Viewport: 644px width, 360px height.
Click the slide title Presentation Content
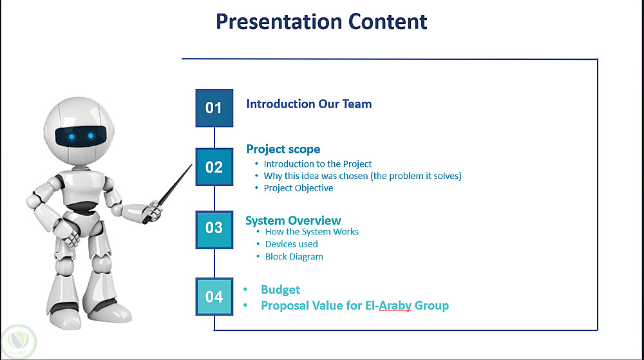click(x=321, y=22)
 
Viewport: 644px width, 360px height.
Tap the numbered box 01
click(x=214, y=108)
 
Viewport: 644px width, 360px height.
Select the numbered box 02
click(x=214, y=167)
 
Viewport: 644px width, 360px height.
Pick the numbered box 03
click(x=214, y=230)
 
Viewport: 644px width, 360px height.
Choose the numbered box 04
click(x=214, y=297)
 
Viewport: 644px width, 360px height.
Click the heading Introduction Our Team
click(x=309, y=104)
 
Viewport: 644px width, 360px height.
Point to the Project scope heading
click(x=283, y=149)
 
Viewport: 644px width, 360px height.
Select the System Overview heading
click(x=293, y=220)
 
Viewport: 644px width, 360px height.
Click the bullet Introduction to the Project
click(x=317, y=164)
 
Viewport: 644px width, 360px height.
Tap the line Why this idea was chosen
click(x=363, y=176)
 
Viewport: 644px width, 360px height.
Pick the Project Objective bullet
click(x=299, y=188)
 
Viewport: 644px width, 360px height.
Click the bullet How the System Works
click(x=312, y=232)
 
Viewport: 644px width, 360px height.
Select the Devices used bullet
click(x=292, y=244)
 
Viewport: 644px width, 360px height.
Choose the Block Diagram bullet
click(x=294, y=256)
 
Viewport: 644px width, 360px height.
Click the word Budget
click(x=281, y=290)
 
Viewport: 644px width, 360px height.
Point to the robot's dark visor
click(x=80, y=137)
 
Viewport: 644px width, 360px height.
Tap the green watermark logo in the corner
click(x=19, y=342)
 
